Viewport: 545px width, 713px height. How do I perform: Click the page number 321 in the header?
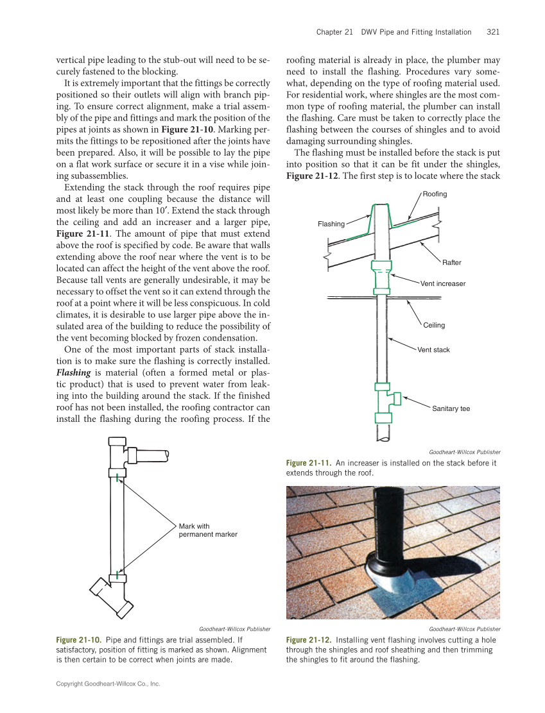[493, 32]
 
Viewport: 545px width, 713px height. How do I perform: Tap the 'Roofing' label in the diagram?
[435, 194]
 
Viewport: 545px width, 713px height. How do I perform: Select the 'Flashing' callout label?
[331, 224]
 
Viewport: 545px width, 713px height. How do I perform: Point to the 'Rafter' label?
[451, 262]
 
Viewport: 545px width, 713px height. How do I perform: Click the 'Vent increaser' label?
[443, 283]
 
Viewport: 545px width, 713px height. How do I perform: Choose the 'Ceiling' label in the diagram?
[434, 325]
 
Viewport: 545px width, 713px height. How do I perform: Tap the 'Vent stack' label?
[433, 350]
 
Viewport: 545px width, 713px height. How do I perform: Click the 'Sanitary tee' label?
[451, 408]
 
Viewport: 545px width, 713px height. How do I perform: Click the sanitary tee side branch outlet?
[397, 398]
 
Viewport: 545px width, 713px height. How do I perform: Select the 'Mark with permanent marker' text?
[207, 530]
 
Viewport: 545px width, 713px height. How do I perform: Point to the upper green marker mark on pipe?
[116, 475]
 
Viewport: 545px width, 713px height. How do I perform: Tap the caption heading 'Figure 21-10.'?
[79, 640]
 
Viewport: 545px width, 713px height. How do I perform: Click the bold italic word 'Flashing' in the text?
[74, 373]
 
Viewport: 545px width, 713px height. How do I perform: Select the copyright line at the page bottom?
[108, 684]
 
